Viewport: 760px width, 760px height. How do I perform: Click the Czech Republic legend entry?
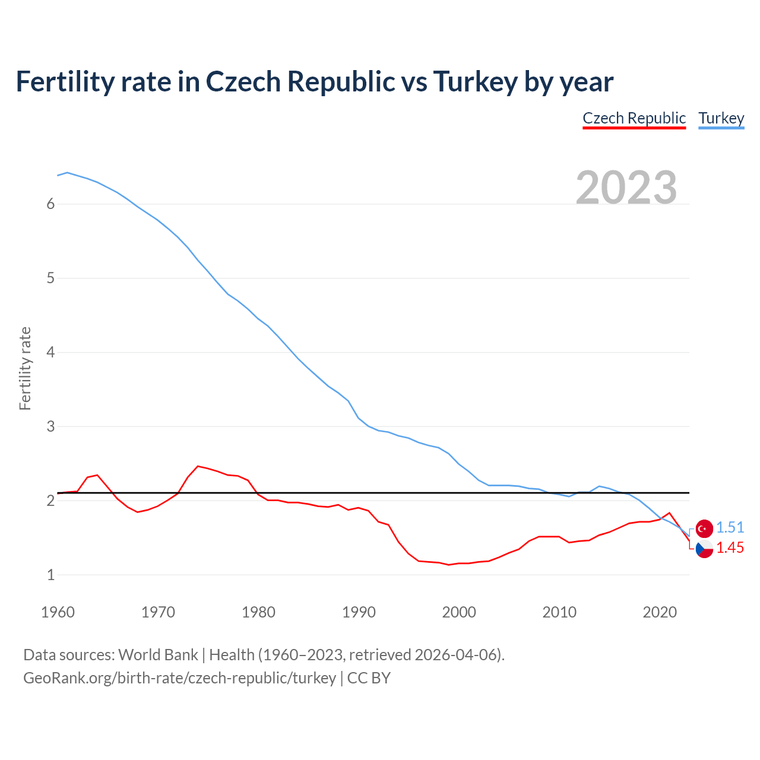[x=634, y=118]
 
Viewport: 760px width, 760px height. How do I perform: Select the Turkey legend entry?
[x=721, y=118]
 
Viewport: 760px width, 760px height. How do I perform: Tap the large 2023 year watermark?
[x=626, y=188]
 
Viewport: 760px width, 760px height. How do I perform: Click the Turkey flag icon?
[x=704, y=528]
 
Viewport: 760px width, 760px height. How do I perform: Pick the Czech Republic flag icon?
[x=704, y=549]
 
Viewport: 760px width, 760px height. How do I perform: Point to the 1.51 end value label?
[x=730, y=528]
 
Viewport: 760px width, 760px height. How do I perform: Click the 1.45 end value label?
[x=730, y=548]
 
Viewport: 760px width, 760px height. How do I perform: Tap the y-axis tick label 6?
[x=50, y=204]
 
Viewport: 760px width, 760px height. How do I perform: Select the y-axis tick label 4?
[x=50, y=353]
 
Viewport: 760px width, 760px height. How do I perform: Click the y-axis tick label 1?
[x=50, y=575]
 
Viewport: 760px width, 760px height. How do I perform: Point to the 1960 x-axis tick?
[x=58, y=612]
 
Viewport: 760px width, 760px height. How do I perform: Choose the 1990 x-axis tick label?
[x=359, y=612]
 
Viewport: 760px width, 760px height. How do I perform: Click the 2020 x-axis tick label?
[x=660, y=612]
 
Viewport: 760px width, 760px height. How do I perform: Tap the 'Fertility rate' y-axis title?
[x=25, y=368]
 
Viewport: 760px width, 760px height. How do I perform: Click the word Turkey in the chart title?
[x=475, y=81]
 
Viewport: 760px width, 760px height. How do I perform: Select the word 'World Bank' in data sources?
[x=158, y=655]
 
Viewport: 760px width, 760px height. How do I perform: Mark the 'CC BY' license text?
[x=369, y=678]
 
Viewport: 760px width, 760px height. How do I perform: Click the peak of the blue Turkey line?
[x=67, y=172]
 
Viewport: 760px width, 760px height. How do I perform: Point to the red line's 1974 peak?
[x=198, y=466]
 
